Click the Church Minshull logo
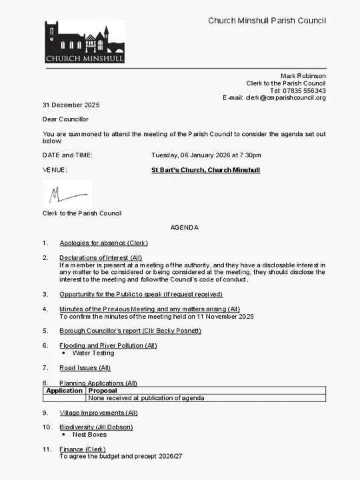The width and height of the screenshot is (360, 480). pyautogui.click(x=84, y=42)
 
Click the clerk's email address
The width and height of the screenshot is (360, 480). pyautogui.click(x=285, y=98)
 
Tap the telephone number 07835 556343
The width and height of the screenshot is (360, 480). pyautogui.click(x=304, y=91)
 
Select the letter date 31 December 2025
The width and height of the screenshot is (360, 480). pyautogui.click(x=71, y=105)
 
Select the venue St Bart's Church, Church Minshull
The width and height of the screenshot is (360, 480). pyautogui.click(x=205, y=170)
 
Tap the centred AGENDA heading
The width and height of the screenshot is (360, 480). pyautogui.click(x=184, y=227)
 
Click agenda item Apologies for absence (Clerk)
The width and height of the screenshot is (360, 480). pyautogui.click(x=103, y=243)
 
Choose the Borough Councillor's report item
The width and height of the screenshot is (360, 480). pyautogui.click(x=130, y=331)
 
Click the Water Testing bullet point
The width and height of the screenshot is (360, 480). pyautogui.click(x=93, y=353)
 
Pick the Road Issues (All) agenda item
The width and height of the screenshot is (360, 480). pyautogui.click(x=85, y=367)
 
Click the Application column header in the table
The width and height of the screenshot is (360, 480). pyautogui.click(x=64, y=391)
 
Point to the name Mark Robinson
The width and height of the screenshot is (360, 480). pyautogui.click(x=303, y=76)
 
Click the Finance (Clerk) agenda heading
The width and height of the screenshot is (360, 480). pyautogui.click(x=83, y=449)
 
